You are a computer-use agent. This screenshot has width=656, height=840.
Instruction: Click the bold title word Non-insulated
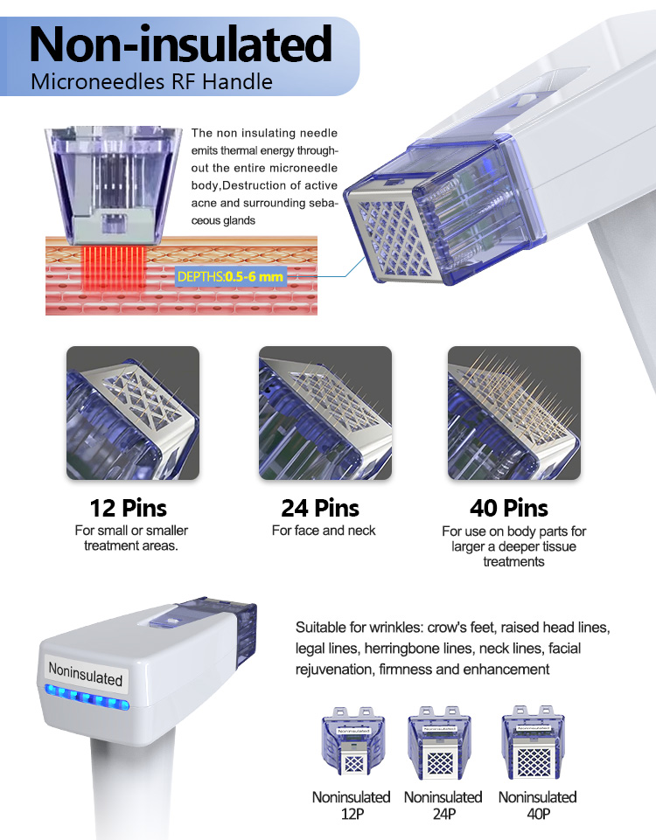tap(180, 45)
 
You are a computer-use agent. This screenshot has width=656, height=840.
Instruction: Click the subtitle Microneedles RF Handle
tap(151, 82)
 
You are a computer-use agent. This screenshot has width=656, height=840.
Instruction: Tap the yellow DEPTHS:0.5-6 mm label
tap(230, 276)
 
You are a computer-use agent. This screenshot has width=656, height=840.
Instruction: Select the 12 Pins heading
tap(128, 508)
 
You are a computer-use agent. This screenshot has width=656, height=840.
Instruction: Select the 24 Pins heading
tap(320, 508)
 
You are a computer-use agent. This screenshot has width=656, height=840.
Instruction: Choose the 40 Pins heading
tap(509, 508)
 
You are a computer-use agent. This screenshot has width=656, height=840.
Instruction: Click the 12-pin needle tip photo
tap(133, 413)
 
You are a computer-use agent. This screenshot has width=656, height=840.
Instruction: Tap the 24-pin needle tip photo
tap(325, 413)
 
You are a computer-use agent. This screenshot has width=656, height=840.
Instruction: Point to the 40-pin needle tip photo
tap(514, 413)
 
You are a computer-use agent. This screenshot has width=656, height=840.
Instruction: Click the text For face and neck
tap(324, 531)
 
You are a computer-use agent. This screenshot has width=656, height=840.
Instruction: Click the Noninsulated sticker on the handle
tap(85, 674)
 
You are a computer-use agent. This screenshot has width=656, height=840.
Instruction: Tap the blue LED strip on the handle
tap(87, 698)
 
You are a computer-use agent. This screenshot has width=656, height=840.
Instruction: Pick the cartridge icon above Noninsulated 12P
tap(353, 742)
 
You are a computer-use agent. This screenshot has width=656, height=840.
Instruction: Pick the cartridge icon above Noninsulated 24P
tap(439, 742)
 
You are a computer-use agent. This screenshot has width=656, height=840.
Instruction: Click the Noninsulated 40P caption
tap(538, 805)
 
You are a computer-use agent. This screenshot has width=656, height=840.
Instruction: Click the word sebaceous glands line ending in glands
tap(223, 220)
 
